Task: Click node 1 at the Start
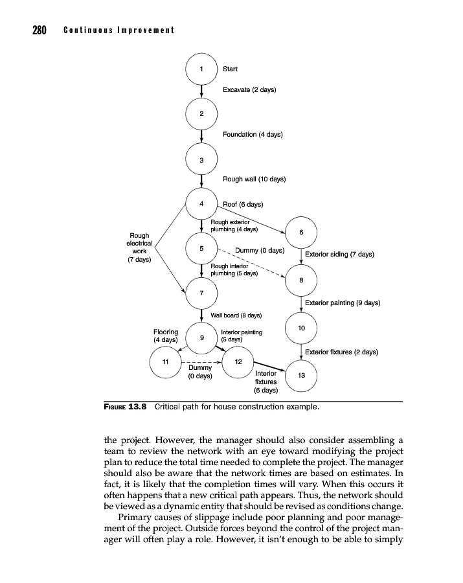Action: [201, 69]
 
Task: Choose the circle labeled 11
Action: [165, 361]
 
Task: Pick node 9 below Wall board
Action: [201, 337]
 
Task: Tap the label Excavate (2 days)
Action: [249, 89]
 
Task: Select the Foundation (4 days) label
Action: [253, 134]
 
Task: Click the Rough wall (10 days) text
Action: [254, 179]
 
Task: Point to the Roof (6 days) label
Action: [243, 204]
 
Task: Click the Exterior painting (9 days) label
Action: [342, 303]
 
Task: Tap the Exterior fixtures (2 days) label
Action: [341, 352]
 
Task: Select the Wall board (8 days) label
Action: [236, 315]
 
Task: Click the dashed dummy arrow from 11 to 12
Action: [201, 361]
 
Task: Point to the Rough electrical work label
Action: [139, 247]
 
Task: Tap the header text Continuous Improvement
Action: [119, 30]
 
